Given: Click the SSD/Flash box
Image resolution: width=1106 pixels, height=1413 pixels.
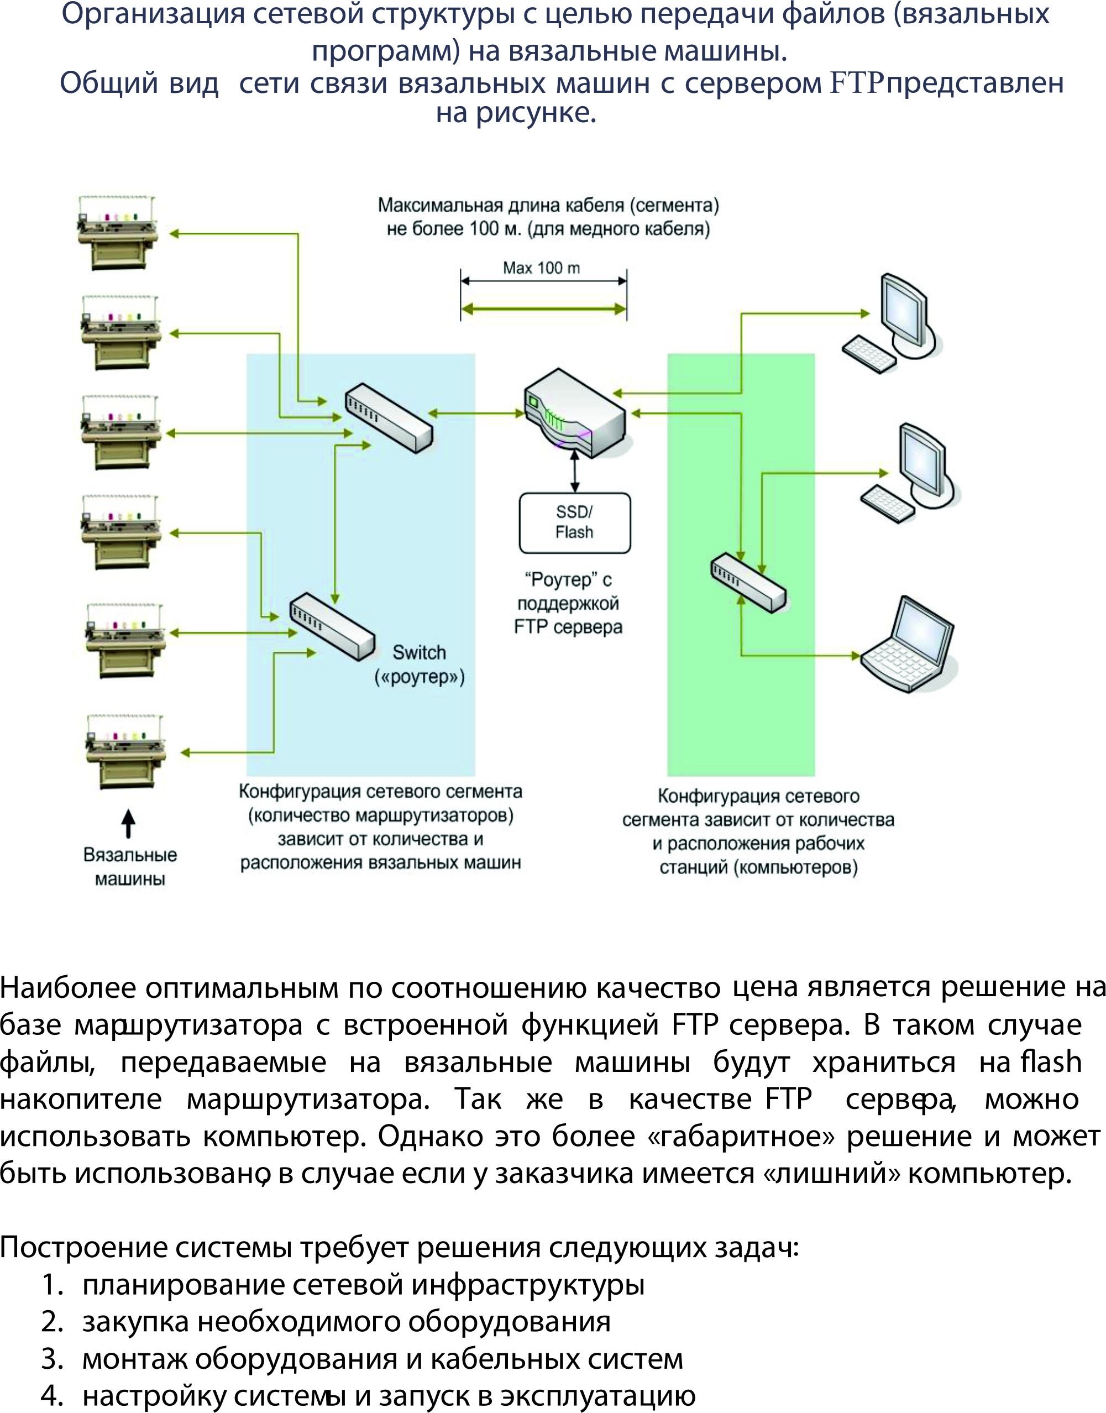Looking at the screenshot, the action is (x=574, y=522).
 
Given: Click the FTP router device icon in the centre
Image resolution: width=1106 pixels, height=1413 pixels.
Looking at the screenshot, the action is (x=575, y=412).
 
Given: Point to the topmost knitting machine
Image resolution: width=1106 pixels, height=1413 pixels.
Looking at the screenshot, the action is (x=117, y=232).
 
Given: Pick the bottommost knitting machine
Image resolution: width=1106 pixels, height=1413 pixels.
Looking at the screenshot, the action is (x=125, y=752).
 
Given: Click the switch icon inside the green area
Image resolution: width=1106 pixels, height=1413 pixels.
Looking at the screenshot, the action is (x=748, y=582).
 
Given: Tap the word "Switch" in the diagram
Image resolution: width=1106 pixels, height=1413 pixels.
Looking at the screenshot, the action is (x=419, y=652).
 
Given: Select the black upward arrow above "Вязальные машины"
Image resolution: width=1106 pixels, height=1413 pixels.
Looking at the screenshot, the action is (x=128, y=823).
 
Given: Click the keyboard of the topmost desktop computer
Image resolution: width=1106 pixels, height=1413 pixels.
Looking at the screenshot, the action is (x=869, y=354).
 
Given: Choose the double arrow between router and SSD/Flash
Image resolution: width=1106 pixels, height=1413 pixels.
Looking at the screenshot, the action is (x=574, y=471).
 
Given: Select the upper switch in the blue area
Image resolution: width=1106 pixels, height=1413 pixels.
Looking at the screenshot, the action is (x=388, y=418).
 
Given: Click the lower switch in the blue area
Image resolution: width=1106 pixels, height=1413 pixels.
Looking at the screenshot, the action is (x=332, y=626).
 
